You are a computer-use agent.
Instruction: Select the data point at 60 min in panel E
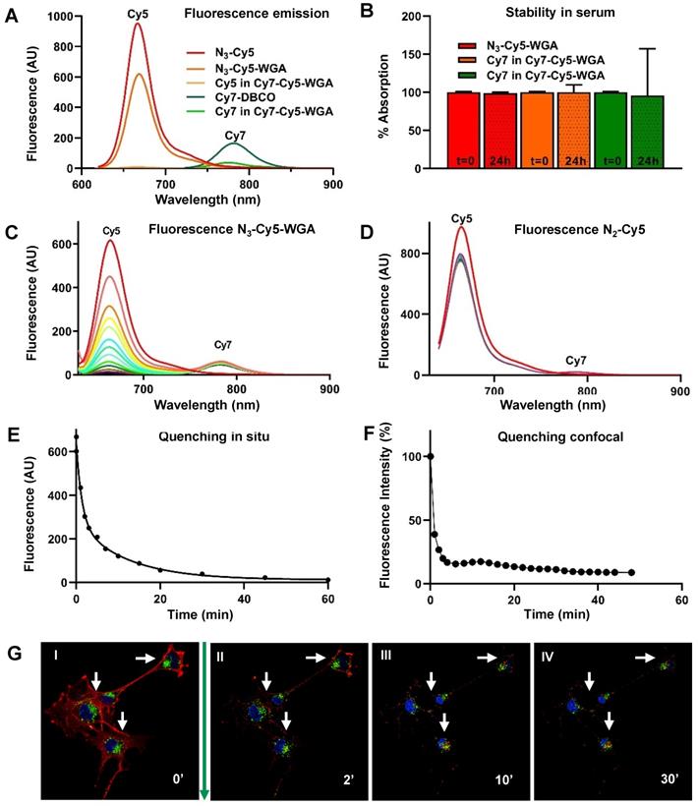pos(327,579)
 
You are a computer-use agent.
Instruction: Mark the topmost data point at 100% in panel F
pos(430,456)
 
